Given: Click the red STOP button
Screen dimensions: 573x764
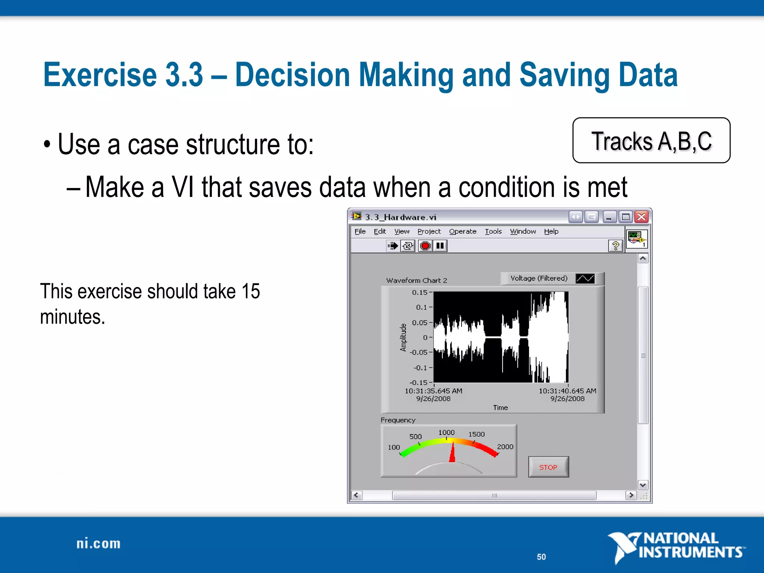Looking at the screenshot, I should coord(548,467).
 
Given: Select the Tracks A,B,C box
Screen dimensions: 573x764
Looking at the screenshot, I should coord(651,141).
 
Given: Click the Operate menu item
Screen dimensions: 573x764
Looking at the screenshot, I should coord(463,231).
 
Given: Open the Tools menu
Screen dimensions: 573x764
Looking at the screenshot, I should coord(493,231).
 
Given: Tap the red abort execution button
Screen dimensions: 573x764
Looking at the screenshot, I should coord(425,246).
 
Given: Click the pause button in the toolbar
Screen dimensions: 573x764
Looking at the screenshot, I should coord(440,246).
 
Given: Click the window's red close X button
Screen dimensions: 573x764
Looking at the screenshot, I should coord(642,217).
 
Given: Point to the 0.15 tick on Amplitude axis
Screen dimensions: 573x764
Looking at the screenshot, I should coord(420,292).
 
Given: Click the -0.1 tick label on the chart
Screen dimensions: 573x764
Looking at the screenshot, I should coord(420,367).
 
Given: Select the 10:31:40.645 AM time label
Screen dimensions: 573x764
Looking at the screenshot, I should coord(567,391).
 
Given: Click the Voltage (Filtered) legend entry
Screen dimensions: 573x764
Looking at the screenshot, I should coord(539,278).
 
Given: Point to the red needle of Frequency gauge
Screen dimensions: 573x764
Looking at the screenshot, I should coord(452,453).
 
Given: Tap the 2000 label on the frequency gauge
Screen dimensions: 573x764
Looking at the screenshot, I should coord(505,447).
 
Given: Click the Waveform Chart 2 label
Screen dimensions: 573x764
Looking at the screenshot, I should coord(416,280).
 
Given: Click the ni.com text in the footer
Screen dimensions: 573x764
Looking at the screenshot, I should coord(98,544).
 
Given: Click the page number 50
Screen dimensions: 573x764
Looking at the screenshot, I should coord(541,557).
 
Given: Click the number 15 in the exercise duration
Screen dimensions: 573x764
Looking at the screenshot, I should coord(250,291).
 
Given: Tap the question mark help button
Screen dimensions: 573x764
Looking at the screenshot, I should coord(616,246).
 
